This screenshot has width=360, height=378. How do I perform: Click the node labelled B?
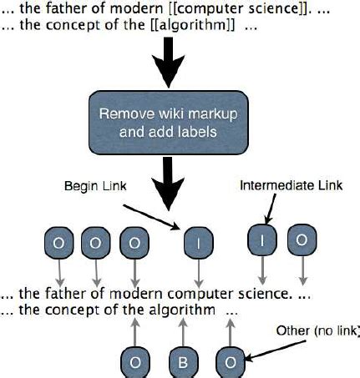[x=181, y=361]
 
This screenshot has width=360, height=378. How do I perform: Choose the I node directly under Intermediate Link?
[x=261, y=239]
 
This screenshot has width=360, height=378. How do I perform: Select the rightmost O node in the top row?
[x=300, y=239]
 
